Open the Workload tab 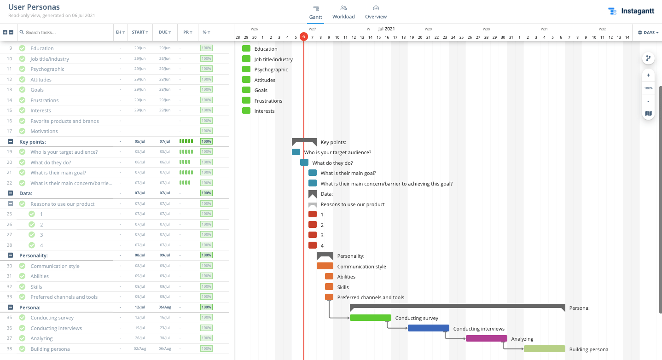(343, 12)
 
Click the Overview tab (376, 12)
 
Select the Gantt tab (315, 12)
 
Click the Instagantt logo (631, 12)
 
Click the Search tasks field (67, 33)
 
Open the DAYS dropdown (648, 33)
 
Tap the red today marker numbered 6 (303, 37)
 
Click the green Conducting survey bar (370, 318)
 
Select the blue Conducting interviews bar (428, 328)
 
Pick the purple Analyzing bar (486, 338)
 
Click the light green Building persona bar (544, 349)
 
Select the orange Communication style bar (325, 266)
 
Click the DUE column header (165, 32)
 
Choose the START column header (139, 32)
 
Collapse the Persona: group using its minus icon (10, 307)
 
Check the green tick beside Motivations (22, 131)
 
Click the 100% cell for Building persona (206, 348)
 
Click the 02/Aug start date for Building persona (139, 348)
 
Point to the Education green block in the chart (246, 49)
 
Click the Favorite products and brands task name (64, 121)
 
